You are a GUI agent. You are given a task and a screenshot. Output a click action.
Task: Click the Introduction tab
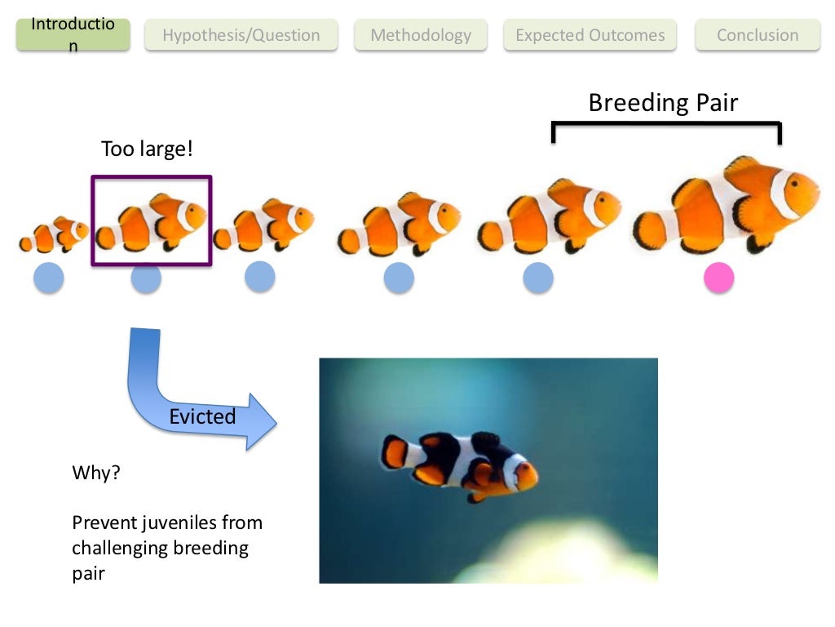[73, 34]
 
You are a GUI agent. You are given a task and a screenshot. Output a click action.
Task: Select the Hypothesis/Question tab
[241, 35]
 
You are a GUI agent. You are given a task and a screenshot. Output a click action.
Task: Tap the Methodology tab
[421, 35]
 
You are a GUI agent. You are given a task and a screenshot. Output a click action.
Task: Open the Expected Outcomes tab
[590, 35]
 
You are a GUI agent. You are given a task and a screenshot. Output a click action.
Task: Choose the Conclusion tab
[758, 35]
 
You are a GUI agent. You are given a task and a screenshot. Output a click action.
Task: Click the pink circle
[718, 278]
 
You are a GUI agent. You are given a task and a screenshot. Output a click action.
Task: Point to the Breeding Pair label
[662, 103]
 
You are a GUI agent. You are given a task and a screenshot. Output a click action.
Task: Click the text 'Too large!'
[147, 149]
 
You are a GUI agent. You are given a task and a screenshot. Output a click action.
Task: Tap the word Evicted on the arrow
[202, 416]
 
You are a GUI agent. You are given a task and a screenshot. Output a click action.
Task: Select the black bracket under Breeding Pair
[666, 125]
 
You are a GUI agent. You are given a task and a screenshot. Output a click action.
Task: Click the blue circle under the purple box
[146, 278]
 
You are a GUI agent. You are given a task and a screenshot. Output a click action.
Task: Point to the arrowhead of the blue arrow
[259, 421]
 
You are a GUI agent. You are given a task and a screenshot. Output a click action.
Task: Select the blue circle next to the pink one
[538, 278]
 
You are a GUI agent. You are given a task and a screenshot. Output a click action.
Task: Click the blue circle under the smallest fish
[48, 278]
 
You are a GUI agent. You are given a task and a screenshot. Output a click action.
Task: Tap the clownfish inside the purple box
[152, 222]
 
